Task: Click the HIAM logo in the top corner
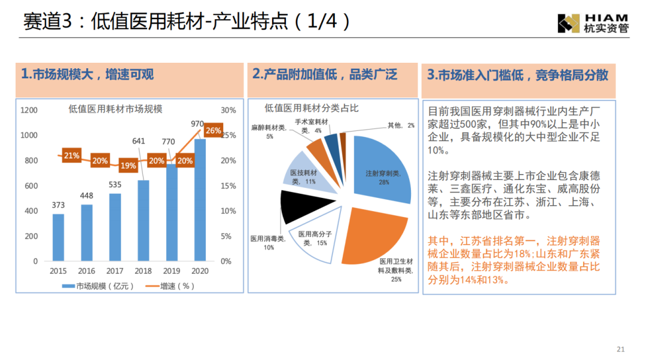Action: pyautogui.click(x=593, y=22)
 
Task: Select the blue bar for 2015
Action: pyautogui.click(x=58, y=237)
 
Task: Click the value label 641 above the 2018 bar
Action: pyautogui.click(x=139, y=141)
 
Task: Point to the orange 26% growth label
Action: pyautogui.click(x=213, y=130)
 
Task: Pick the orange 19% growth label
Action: pyautogui.click(x=127, y=166)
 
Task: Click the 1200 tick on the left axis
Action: pyautogui.click(x=29, y=110)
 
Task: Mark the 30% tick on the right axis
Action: pyautogui.click(x=228, y=110)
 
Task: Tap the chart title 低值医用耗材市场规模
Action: pyautogui.click(x=115, y=109)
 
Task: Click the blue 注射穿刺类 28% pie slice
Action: pyautogui.click(x=383, y=170)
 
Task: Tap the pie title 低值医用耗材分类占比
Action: pyautogui.click(x=311, y=108)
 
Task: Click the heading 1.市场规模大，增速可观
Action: pyautogui.click(x=87, y=74)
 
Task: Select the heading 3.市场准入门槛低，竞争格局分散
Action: pyautogui.click(x=518, y=75)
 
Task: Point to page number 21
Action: pyautogui.click(x=620, y=349)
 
